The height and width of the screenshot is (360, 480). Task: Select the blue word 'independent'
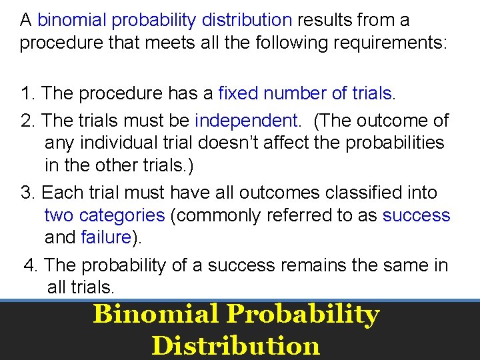[247, 121]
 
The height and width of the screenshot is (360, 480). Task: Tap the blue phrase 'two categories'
[104, 215]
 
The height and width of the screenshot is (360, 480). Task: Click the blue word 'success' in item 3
[417, 215]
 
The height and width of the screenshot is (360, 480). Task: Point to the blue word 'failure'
[105, 237]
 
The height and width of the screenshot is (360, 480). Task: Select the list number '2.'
[28, 121]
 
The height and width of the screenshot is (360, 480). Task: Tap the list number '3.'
[28, 193]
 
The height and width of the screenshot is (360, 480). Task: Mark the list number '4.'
[31, 265]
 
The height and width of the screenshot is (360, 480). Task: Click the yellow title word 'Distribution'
[236, 345]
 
